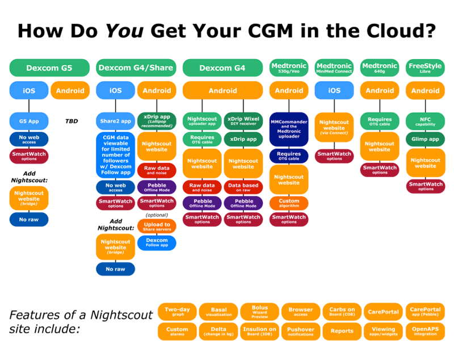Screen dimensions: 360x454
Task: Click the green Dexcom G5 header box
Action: tap(49, 68)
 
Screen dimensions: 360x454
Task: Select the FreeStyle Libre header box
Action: tap(425, 68)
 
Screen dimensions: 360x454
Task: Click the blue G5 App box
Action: tap(28, 121)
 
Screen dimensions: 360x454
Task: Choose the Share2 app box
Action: tap(115, 121)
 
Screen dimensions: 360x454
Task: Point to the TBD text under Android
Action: tap(71, 121)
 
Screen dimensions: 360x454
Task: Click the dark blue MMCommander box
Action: tap(289, 129)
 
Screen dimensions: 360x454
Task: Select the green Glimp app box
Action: tap(425, 139)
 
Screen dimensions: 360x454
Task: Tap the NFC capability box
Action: tap(425, 121)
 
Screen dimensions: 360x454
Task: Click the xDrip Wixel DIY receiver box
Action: tap(243, 120)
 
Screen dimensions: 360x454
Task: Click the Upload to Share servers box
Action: tap(157, 227)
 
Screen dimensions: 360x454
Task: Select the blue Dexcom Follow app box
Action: tap(157, 242)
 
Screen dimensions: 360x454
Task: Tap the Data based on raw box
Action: tap(243, 187)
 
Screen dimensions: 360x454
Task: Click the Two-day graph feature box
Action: tap(177, 312)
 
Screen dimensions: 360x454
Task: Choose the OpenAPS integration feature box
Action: tap(425, 331)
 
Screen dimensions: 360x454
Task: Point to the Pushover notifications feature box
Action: tap(300, 331)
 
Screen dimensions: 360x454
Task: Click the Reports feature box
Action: tap(342, 331)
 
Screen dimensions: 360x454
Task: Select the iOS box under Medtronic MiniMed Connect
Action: tap(334, 90)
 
